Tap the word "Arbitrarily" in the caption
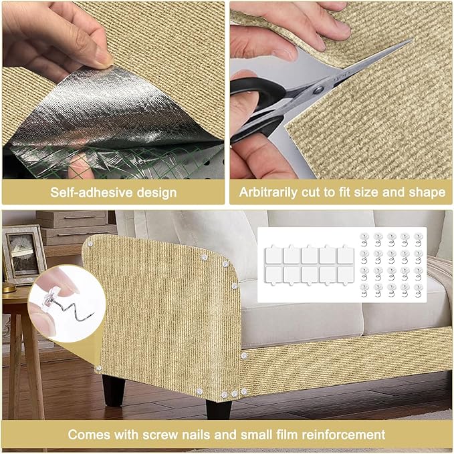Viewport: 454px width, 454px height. (x=273, y=193)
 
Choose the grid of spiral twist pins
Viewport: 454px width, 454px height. (x=390, y=265)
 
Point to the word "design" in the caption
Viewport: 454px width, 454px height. (x=154, y=193)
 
